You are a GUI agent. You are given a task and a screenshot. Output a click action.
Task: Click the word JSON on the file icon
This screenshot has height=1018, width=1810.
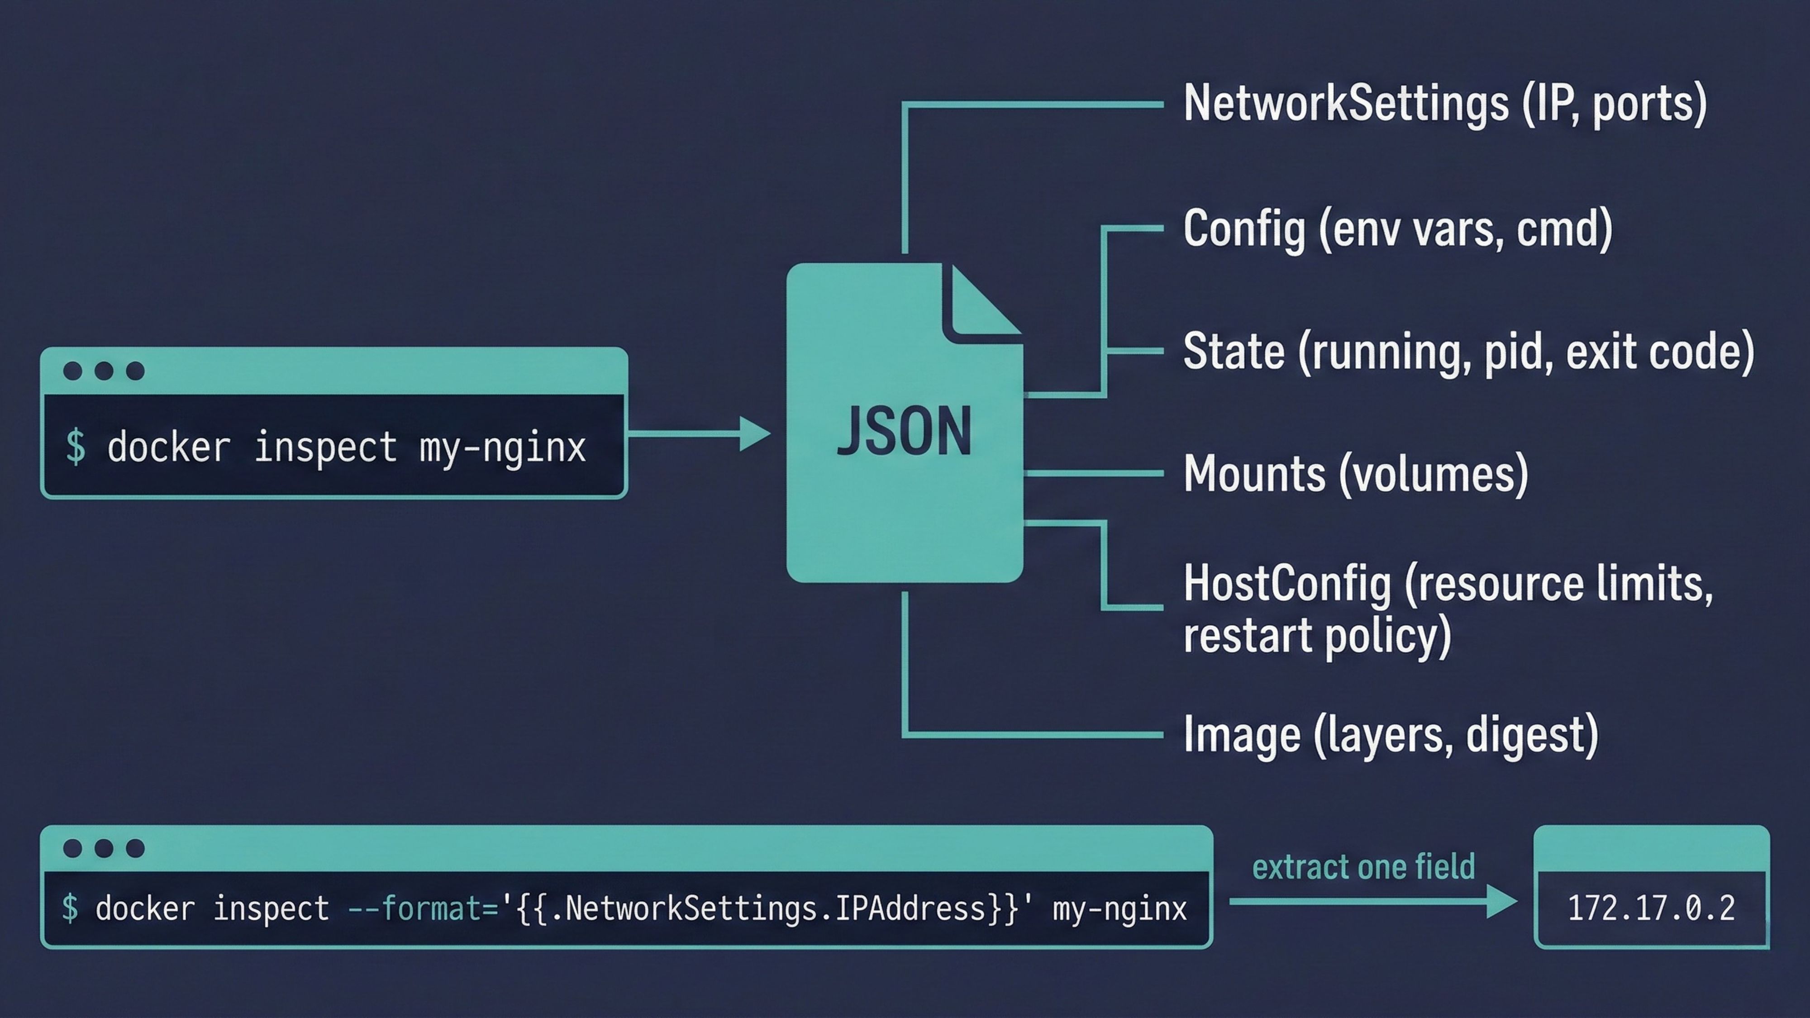tap(904, 431)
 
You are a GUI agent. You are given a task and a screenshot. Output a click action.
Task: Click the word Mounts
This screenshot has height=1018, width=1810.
tap(1254, 474)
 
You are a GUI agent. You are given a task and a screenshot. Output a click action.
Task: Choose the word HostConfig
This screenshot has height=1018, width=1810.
tap(1286, 584)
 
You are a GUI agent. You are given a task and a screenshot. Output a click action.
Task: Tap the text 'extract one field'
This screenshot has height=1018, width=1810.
tap(1363, 867)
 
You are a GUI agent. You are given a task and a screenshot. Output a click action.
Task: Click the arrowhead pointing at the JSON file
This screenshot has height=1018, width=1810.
tap(755, 433)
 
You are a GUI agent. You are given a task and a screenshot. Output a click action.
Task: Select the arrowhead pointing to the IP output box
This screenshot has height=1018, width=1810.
tap(1501, 901)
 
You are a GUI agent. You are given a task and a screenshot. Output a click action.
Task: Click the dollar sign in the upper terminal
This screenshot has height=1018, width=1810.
tap(75, 447)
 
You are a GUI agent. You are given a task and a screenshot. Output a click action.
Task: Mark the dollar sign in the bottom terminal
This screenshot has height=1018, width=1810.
tap(70, 909)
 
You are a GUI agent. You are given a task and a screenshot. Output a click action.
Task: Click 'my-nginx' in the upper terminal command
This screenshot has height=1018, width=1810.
tap(502, 447)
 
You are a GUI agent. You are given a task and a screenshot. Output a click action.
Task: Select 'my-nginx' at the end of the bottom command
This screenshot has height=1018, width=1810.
tap(1119, 909)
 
